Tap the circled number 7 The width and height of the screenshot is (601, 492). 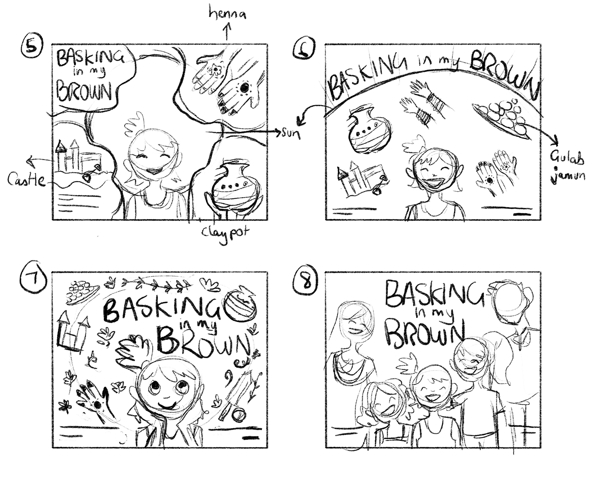coord(33,277)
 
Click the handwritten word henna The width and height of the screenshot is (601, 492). coord(227,13)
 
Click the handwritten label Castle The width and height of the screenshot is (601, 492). coord(26,180)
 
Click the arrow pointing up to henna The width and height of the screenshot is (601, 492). coord(227,31)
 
